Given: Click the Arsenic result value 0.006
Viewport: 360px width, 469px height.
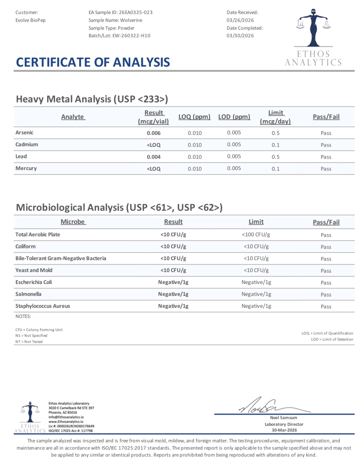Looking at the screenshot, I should coord(154,133).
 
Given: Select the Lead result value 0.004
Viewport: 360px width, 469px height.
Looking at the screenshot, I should coord(154,157).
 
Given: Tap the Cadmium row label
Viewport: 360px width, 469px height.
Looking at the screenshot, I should coord(27,144).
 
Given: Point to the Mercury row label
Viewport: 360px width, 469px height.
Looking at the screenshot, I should coord(26,168).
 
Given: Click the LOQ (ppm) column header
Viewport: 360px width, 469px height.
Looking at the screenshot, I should coord(194,117).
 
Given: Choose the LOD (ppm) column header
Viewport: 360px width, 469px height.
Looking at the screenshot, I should coord(234,117).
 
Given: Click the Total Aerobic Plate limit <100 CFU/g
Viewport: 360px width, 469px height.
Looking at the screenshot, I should coord(256,234).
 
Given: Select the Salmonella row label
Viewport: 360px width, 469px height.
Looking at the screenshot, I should coord(28,294).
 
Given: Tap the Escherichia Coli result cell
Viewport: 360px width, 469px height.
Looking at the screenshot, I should coord(173,282).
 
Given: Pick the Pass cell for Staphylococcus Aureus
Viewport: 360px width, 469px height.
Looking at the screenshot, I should coord(326,307).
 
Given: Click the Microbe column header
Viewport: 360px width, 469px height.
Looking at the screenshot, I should coord(73,222).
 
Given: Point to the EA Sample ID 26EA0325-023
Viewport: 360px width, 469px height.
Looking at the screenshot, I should coord(136,12).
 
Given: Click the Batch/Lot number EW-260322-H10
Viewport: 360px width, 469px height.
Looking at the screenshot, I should coord(131,36).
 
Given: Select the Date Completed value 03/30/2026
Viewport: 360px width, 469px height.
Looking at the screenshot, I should coord(240,36).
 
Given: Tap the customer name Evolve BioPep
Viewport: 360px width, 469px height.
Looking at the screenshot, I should coord(30,20).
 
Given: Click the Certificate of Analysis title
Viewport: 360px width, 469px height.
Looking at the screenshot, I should coord(93,62).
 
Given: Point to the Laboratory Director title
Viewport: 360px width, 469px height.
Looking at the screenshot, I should coord(284,424).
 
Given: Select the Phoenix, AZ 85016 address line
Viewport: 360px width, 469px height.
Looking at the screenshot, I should coord(63,412).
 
